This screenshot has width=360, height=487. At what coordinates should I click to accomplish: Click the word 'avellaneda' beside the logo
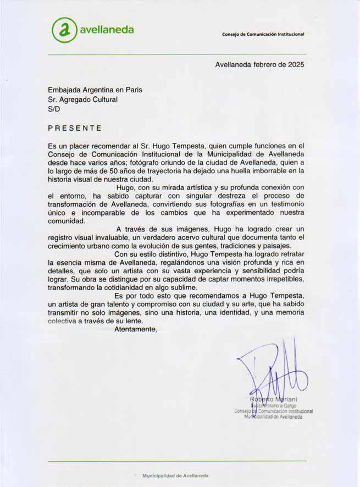click(107, 30)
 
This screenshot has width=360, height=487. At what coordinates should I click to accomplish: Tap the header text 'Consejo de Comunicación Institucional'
click(263, 34)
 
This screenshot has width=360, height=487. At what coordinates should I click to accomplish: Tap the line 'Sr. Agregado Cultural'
click(83, 99)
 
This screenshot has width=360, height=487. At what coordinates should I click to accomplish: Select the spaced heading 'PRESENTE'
click(75, 129)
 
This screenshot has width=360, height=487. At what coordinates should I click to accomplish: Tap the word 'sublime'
click(182, 287)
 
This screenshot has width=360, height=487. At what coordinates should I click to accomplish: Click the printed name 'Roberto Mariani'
click(274, 398)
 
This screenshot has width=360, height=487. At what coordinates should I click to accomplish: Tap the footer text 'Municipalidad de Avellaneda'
click(175, 475)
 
